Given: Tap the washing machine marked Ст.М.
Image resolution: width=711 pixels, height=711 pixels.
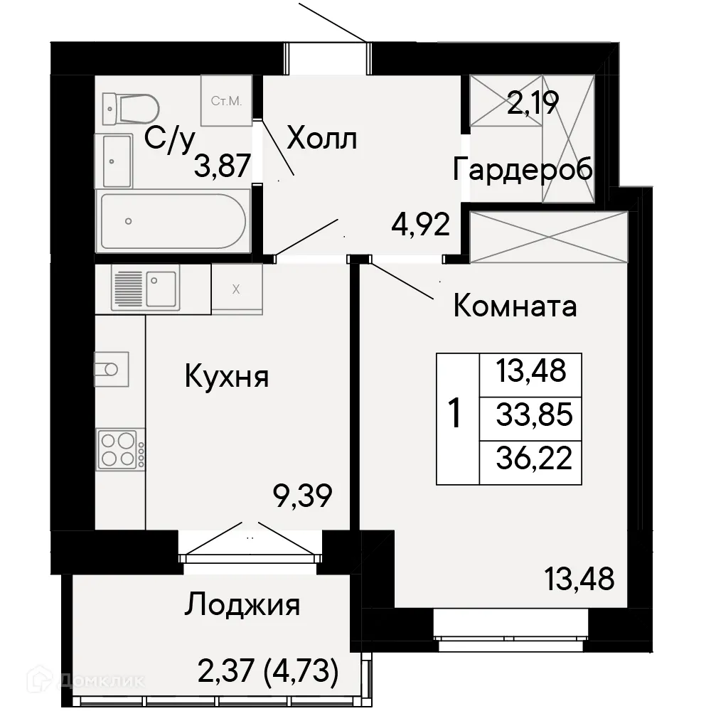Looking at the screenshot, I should (226, 100).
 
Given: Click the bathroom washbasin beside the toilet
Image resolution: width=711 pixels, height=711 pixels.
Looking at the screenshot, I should (117, 160).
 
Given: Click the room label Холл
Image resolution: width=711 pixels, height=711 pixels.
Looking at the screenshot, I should (321, 139).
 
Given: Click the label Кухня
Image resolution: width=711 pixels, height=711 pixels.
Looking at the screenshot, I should (227, 376).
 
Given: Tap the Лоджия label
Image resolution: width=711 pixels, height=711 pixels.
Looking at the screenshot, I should (242, 606).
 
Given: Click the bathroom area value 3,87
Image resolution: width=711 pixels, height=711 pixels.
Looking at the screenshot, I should (223, 168).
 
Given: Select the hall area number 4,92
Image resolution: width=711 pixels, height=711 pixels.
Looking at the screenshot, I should (420, 226).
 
